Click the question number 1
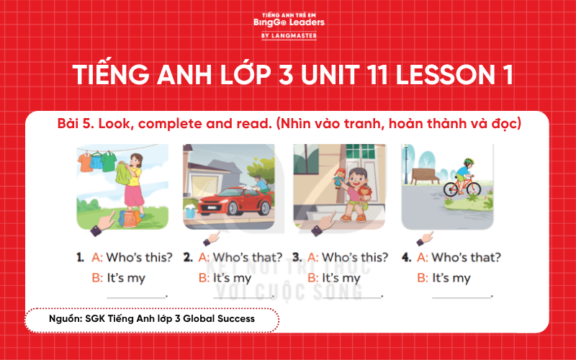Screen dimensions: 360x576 click(x=81, y=258)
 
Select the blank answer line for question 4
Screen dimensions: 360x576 click(x=462, y=296)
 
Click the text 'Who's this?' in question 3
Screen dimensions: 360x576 click(x=354, y=258)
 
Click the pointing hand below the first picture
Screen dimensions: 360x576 click(x=104, y=225)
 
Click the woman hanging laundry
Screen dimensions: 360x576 click(x=132, y=183)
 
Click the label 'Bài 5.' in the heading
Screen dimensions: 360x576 click(x=78, y=124)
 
